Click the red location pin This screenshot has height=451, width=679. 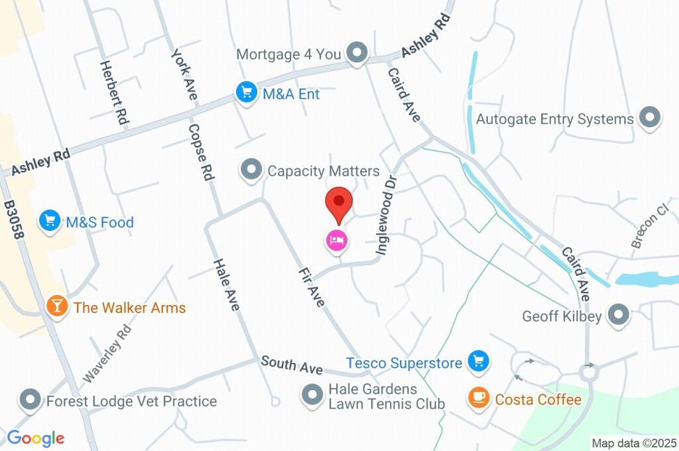(x=339, y=202)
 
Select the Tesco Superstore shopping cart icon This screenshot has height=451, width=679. (x=477, y=361)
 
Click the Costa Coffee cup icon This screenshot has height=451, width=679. (x=477, y=398)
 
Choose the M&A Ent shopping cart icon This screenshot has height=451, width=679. (x=247, y=93)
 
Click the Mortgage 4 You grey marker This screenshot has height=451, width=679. (x=358, y=53)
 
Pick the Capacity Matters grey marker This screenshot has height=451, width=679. (x=251, y=170)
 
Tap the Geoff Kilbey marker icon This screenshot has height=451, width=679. (x=618, y=316)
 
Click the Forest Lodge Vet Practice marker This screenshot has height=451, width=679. (x=31, y=401)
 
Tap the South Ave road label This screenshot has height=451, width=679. (x=292, y=364)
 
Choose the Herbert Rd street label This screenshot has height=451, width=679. (x=113, y=93)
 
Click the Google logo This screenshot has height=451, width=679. (x=36, y=438)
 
